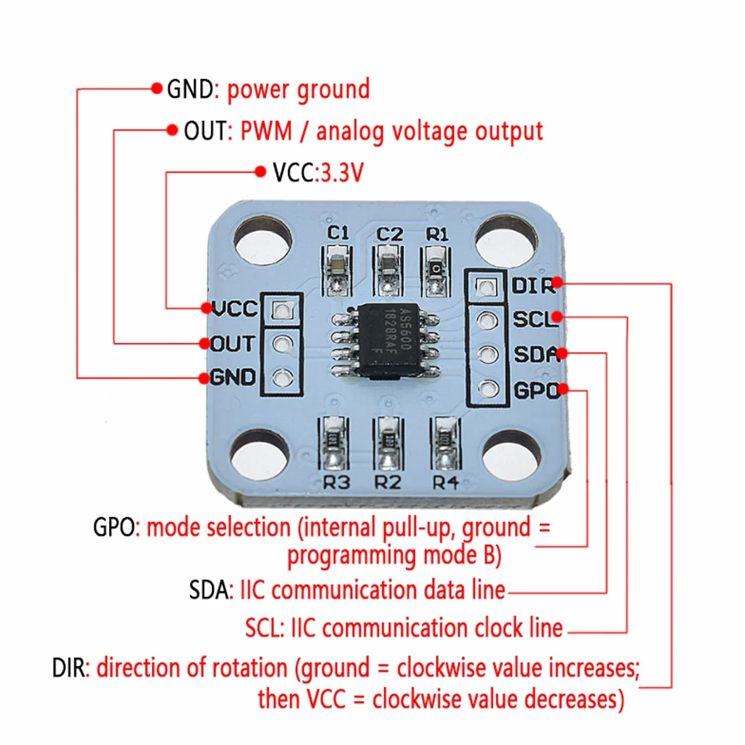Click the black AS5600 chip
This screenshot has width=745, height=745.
point(388,340)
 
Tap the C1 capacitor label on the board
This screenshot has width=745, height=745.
point(338,233)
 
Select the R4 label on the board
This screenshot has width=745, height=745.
point(445,483)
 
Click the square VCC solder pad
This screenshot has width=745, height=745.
point(282,310)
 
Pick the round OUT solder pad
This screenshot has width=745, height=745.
point(283,343)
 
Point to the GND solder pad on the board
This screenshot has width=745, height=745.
point(283,378)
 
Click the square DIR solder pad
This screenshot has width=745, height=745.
point(485,286)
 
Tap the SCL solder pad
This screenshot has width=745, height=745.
point(487,321)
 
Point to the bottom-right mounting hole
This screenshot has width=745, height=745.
point(512,455)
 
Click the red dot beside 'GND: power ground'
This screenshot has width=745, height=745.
point(157,89)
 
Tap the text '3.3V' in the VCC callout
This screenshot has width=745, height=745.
point(343,172)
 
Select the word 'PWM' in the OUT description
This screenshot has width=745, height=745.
point(266,131)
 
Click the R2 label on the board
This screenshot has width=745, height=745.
point(388,483)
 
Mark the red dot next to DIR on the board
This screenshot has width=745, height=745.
point(557,283)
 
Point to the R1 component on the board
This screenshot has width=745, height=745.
point(435,272)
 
